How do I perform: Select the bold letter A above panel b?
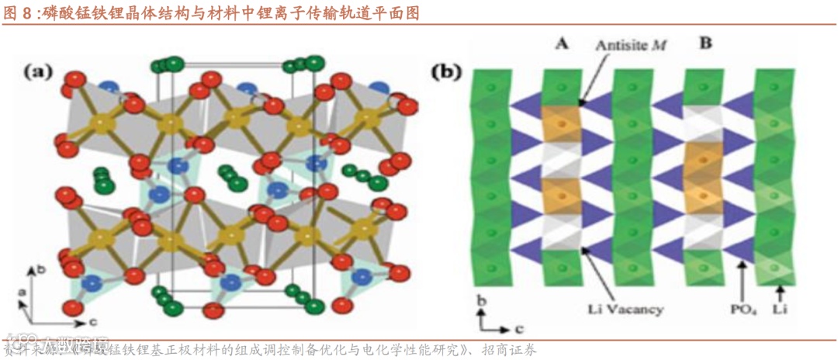tap(563, 44)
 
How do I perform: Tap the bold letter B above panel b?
tap(705, 44)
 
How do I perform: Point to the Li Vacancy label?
tap(625, 310)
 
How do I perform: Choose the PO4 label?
tap(741, 310)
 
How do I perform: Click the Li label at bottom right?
tap(783, 310)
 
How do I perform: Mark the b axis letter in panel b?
tap(481, 299)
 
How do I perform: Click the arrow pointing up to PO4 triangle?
tap(743, 281)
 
